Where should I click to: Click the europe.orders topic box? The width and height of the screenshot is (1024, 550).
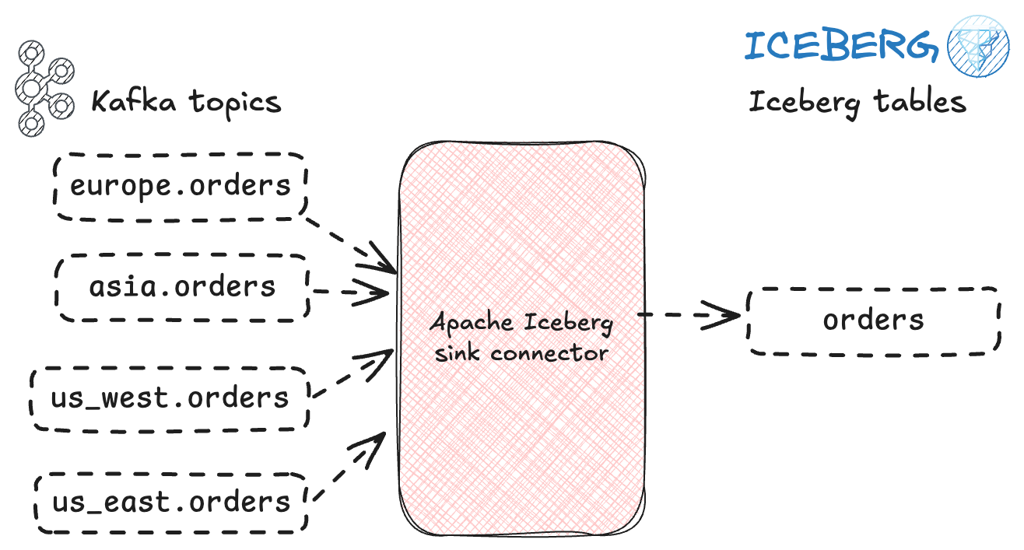tap(181, 186)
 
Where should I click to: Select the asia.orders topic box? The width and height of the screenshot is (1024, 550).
tap(182, 287)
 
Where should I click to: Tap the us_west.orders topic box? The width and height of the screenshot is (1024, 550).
tap(170, 398)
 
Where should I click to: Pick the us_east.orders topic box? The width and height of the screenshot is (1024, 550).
tap(171, 502)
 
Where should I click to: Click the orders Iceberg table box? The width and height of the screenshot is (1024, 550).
tap(873, 321)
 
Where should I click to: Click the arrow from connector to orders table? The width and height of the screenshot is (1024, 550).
tap(689, 315)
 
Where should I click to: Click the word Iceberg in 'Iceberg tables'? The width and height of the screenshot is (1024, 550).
tap(801, 103)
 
